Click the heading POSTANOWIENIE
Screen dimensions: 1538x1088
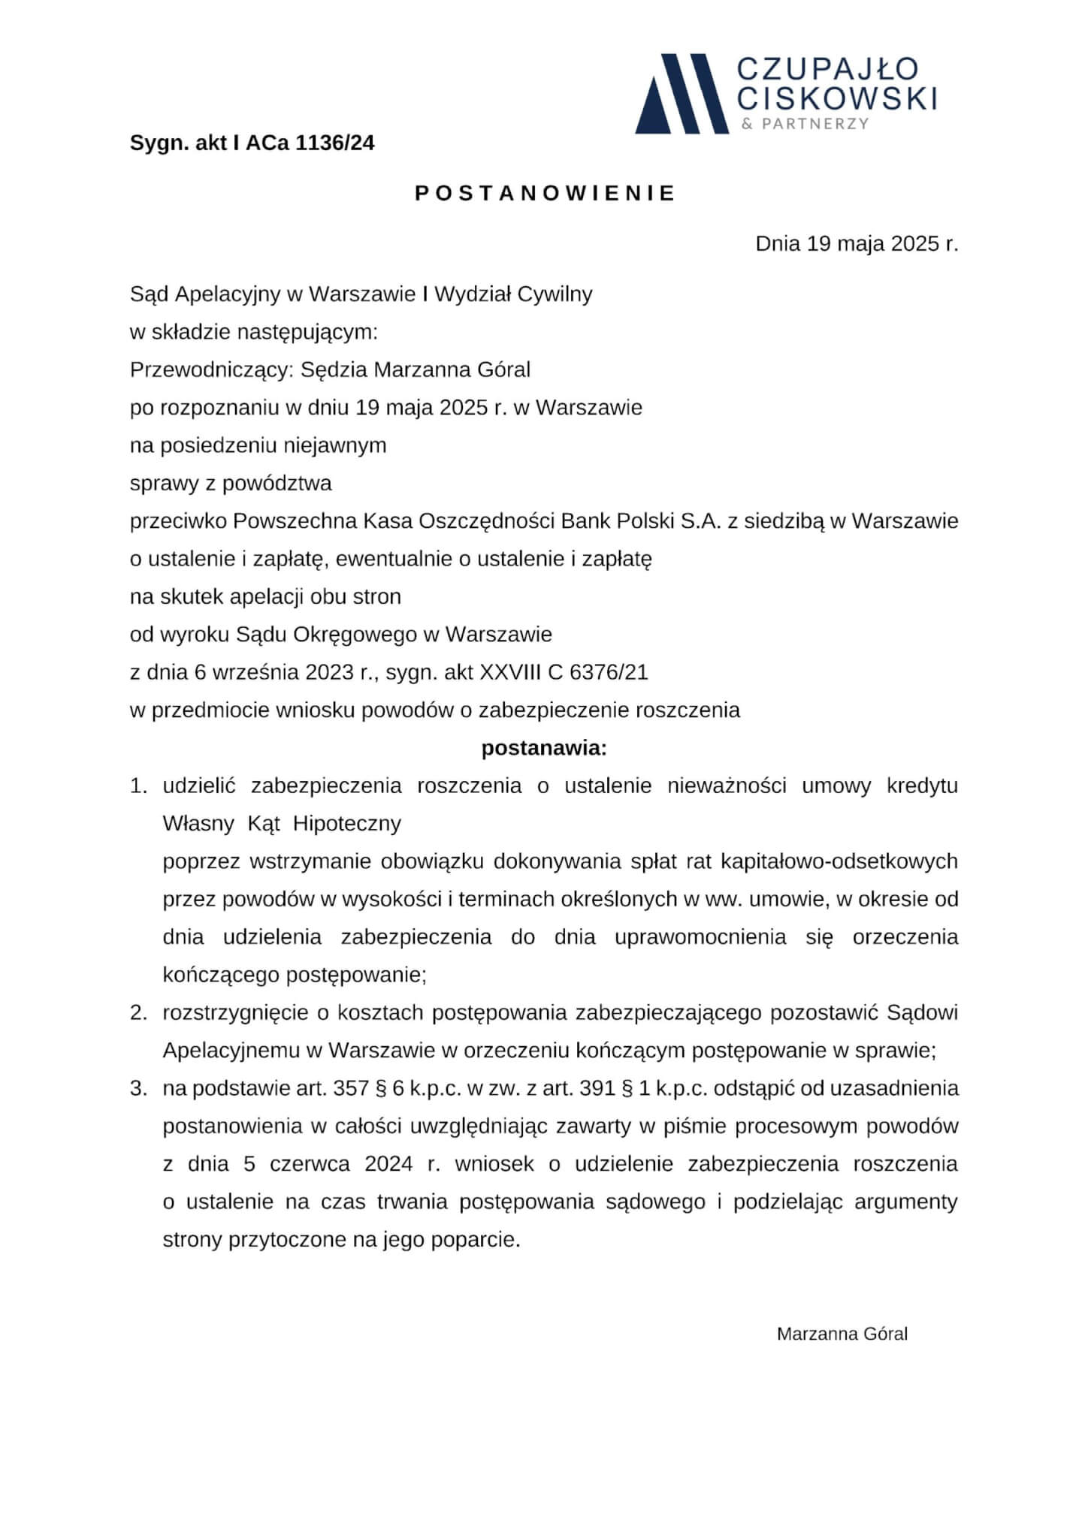pos(545,194)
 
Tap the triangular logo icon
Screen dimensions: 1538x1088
pos(681,94)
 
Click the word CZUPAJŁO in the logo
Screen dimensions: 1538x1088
pos(827,69)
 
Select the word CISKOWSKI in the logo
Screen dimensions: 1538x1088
pos(837,98)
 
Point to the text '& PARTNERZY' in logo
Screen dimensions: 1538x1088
pos(805,124)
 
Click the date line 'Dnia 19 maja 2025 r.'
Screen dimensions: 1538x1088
pos(857,244)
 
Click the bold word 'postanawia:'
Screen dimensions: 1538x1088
pos(543,749)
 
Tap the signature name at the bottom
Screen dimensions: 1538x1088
pos(842,1334)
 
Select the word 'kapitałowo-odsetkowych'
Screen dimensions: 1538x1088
pos(839,861)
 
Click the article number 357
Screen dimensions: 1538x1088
pos(350,1089)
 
